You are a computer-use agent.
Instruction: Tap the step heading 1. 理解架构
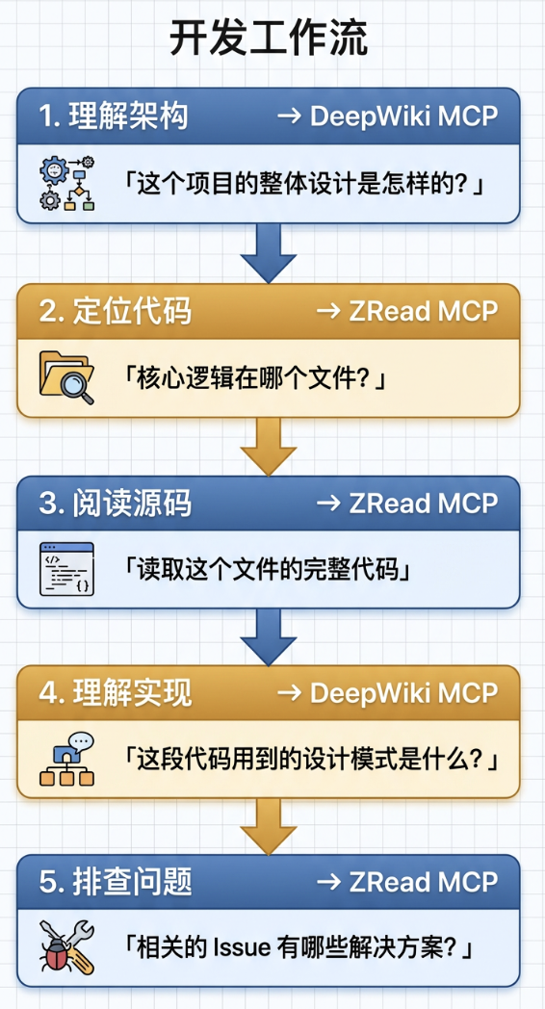(x=114, y=116)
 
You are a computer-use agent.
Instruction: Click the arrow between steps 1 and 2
(x=269, y=252)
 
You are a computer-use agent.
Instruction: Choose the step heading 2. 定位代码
(x=116, y=311)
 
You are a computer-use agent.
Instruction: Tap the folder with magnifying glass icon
(x=66, y=377)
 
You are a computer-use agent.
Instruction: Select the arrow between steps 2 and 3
(x=269, y=446)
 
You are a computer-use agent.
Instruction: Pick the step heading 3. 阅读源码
(x=116, y=504)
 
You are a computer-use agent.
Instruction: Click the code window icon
(x=66, y=569)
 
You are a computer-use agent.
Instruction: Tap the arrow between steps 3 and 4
(x=269, y=636)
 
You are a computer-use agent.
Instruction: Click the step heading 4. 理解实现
(x=116, y=693)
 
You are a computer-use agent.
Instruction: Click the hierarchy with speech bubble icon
(x=66, y=760)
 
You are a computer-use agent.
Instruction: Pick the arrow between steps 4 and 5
(x=269, y=827)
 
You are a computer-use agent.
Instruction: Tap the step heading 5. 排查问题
(x=116, y=883)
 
